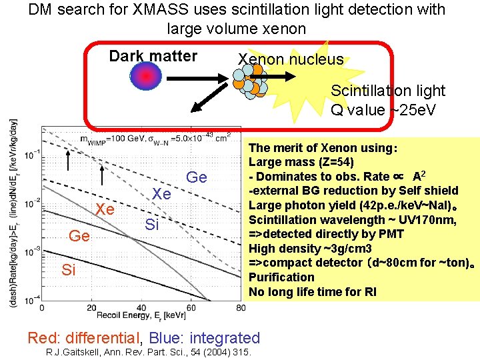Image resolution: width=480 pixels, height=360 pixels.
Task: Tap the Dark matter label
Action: pos(153,56)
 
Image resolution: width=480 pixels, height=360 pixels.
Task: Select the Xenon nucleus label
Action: pos(291,59)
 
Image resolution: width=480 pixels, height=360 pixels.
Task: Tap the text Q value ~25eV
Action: pos(383,109)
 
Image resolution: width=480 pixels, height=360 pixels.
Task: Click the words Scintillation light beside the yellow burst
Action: pos(387,91)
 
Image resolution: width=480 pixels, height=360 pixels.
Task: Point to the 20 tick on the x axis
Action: pos(91,307)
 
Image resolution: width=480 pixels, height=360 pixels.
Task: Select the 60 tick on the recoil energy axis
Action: pos(191,307)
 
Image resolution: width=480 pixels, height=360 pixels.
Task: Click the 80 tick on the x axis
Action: pos(240,307)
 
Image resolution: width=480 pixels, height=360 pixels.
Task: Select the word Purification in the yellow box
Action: pos(281,277)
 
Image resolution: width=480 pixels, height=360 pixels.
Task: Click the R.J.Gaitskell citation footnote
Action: pos(147,352)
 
